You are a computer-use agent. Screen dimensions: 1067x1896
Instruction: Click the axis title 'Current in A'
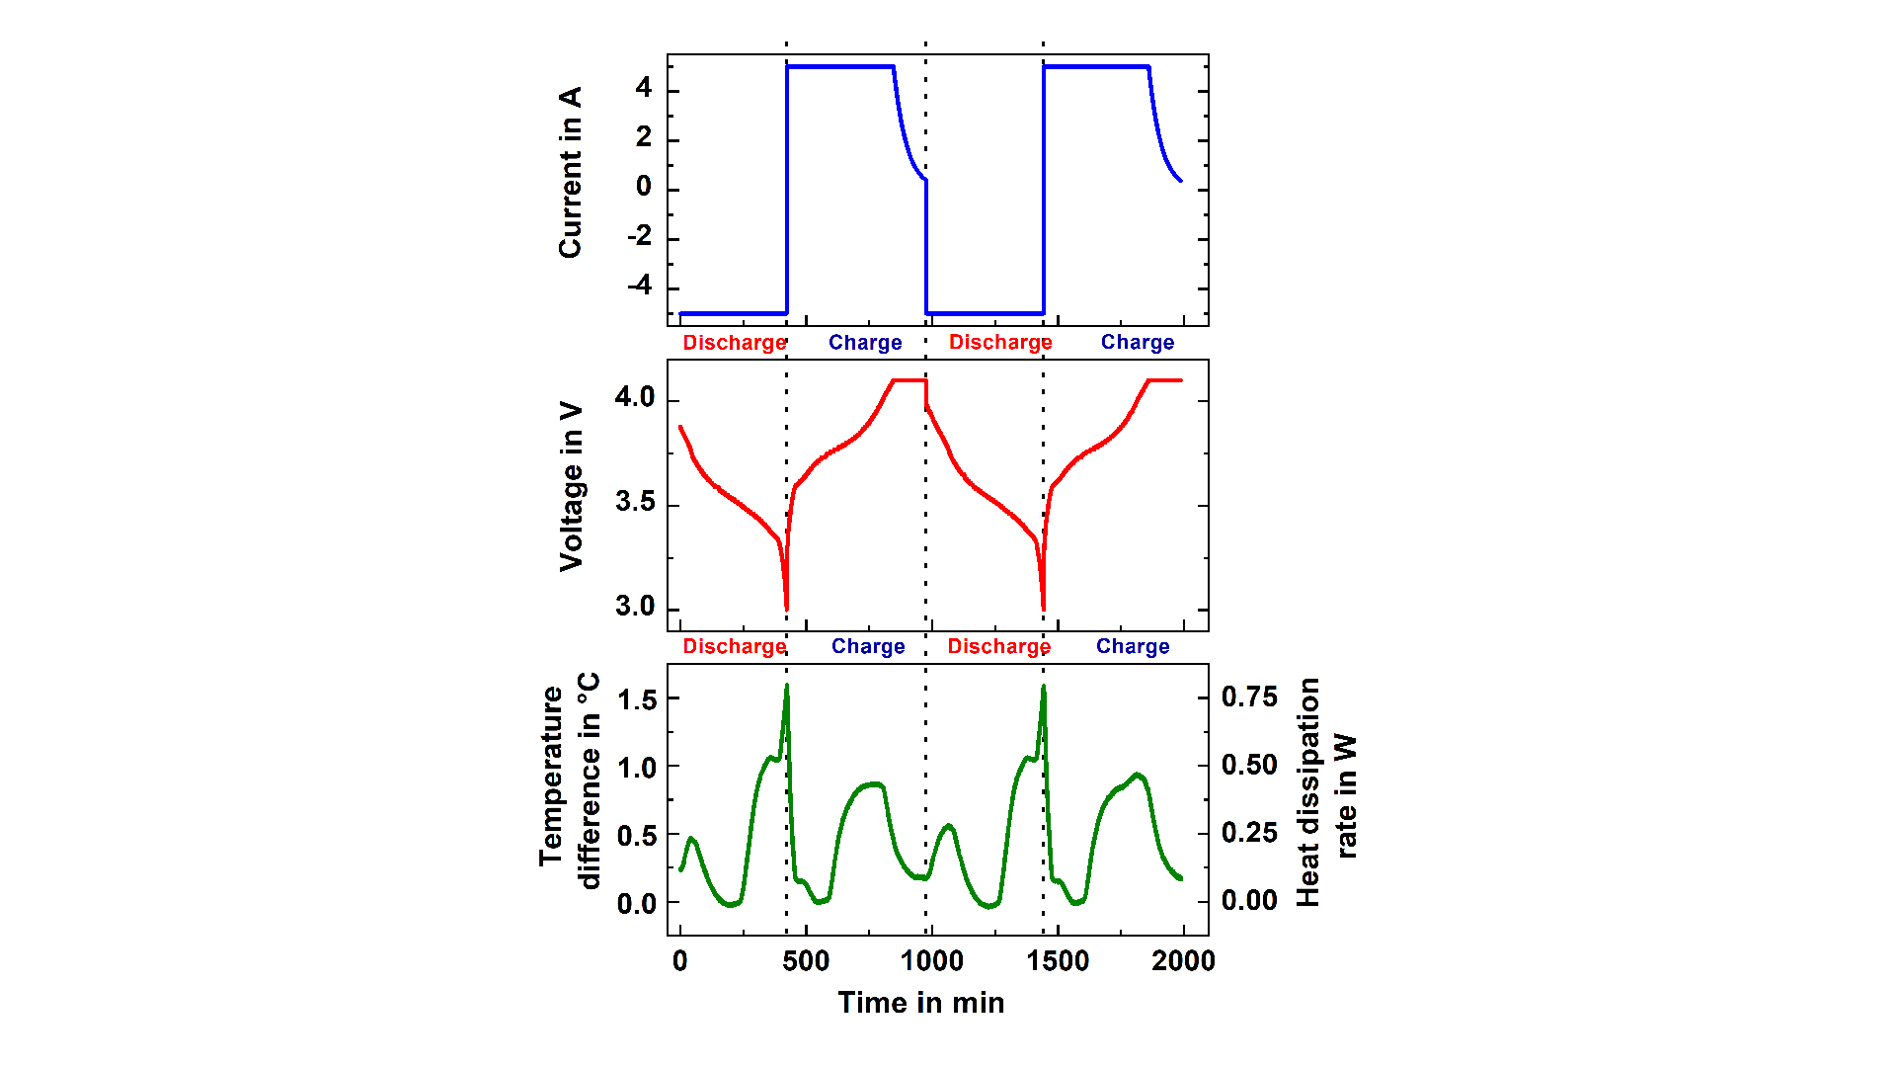(570, 173)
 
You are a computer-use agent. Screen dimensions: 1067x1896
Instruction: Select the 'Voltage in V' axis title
(571, 486)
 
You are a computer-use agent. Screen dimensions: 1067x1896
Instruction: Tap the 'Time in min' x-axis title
(920, 1003)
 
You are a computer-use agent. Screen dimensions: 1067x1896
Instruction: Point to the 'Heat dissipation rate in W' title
(1326, 791)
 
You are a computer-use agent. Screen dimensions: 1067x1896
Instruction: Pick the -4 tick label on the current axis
(640, 287)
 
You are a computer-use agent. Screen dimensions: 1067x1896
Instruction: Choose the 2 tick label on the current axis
(644, 138)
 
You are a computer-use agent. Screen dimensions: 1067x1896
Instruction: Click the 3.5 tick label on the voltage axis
(635, 502)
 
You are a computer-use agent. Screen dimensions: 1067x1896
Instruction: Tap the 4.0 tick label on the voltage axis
(635, 397)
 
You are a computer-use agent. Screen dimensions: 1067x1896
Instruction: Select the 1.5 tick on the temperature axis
(637, 699)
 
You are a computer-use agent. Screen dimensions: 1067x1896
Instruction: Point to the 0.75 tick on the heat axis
(1249, 698)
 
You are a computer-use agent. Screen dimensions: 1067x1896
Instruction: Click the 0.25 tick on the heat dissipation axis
(1249, 833)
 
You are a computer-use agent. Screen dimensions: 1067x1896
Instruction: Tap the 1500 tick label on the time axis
(1058, 960)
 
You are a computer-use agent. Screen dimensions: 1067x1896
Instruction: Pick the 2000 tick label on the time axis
(1183, 960)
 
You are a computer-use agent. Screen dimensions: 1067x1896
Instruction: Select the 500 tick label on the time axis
(806, 960)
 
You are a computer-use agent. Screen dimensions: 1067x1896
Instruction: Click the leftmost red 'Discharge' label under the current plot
(735, 343)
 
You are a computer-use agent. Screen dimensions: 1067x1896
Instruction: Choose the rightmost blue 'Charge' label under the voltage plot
(1133, 646)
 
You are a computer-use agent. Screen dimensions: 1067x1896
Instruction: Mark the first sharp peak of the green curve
(787, 686)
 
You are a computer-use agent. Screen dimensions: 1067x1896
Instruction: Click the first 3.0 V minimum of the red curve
(786, 608)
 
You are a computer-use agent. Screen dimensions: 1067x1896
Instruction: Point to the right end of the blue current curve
(1180, 181)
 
